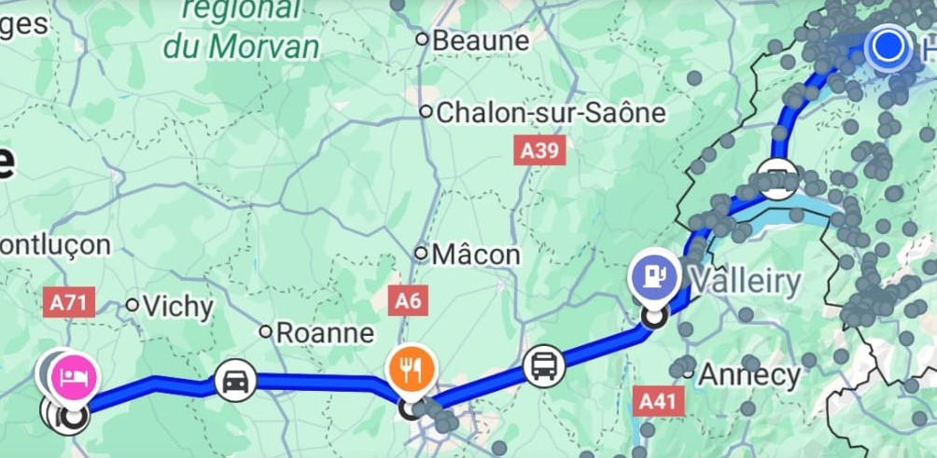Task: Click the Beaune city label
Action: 480,40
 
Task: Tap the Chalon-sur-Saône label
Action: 551,113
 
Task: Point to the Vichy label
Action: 178,306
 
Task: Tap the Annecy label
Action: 750,375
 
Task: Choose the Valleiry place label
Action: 746,280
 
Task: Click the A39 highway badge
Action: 540,150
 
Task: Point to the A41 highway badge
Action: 658,401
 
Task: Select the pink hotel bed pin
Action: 73,377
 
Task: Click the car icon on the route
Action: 235,381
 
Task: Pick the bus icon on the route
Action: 543,365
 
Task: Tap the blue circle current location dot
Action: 888,46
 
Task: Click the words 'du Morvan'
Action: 240,45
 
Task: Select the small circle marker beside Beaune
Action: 422,39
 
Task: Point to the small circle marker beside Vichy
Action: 133,304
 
